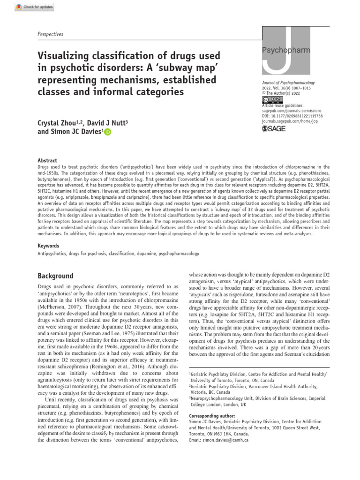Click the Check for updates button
pos(35,7)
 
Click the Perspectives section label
pos(50,34)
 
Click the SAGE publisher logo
pos(274,128)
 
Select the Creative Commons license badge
pos(272,99)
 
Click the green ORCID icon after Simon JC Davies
pos(108,133)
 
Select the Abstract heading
pos(47,160)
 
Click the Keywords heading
pos(48,246)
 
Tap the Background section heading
pos(55,276)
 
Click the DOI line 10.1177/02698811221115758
pos(292,116)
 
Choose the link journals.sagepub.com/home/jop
pos(293,121)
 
